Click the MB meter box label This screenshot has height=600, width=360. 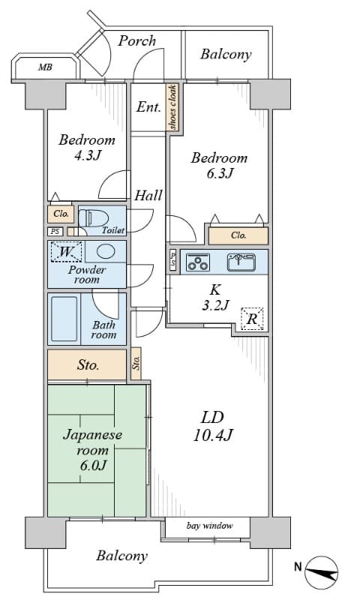tap(45, 67)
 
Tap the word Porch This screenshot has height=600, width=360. tap(136, 40)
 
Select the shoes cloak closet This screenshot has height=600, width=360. tap(172, 107)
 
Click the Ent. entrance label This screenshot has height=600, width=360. tap(148, 107)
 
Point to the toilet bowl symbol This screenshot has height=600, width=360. tap(93, 219)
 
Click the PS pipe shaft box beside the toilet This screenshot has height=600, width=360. tap(55, 232)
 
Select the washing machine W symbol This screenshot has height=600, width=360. tap(66, 252)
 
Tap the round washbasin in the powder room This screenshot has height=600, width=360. tap(106, 251)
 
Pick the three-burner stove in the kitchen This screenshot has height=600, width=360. tap(197, 262)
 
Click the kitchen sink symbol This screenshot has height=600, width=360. tap(241, 262)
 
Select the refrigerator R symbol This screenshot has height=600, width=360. tap(252, 318)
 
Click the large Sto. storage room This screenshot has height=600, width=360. tap(87, 364)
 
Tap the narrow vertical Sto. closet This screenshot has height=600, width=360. tap(136, 363)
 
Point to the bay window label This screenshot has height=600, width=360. tap(209, 526)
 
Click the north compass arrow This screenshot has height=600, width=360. tap(322, 572)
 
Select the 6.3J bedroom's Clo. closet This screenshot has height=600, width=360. tap(238, 235)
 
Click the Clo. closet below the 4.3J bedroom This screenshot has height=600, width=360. tap(61, 214)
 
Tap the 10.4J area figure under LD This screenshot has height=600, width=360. tap(212, 435)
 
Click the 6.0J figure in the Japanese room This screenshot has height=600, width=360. tap(93, 465)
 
